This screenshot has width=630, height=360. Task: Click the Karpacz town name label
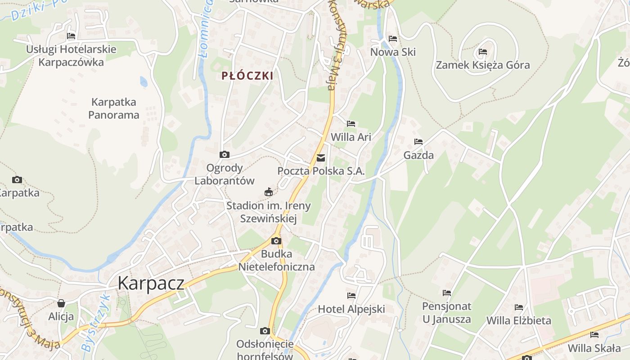(151, 283)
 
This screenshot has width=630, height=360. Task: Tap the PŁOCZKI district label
(247, 76)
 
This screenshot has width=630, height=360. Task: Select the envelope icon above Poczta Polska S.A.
(321, 158)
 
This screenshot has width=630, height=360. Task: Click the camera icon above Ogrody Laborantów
(224, 155)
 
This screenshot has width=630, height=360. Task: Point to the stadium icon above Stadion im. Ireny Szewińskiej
(269, 192)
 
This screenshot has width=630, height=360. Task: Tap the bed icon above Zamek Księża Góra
(483, 52)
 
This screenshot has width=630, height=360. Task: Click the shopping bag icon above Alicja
(61, 303)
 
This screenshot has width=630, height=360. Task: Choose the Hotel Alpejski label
(351, 309)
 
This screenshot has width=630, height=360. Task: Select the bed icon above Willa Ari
(351, 124)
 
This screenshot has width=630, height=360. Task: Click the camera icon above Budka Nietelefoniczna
(276, 241)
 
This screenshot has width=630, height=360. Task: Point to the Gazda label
(418, 155)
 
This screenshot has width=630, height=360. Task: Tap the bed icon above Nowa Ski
(393, 39)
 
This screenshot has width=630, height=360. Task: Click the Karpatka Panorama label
(113, 108)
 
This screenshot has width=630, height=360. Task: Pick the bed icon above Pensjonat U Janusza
(446, 293)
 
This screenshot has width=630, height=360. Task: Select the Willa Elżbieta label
(519, 320)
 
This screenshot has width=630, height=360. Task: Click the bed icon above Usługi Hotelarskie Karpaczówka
(71, 36)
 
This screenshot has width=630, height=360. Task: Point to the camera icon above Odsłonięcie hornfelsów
(265, 331)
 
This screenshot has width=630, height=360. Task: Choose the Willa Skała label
(594, 348)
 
